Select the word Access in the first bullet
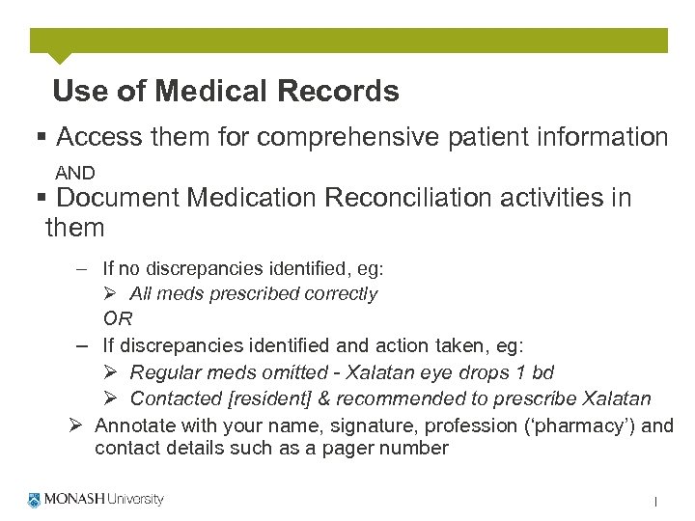coord(100,138)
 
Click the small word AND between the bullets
coord(75,174)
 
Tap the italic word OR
coord(118,318)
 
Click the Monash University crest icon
coord(35,500)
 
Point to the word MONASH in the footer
coord(72,500)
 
